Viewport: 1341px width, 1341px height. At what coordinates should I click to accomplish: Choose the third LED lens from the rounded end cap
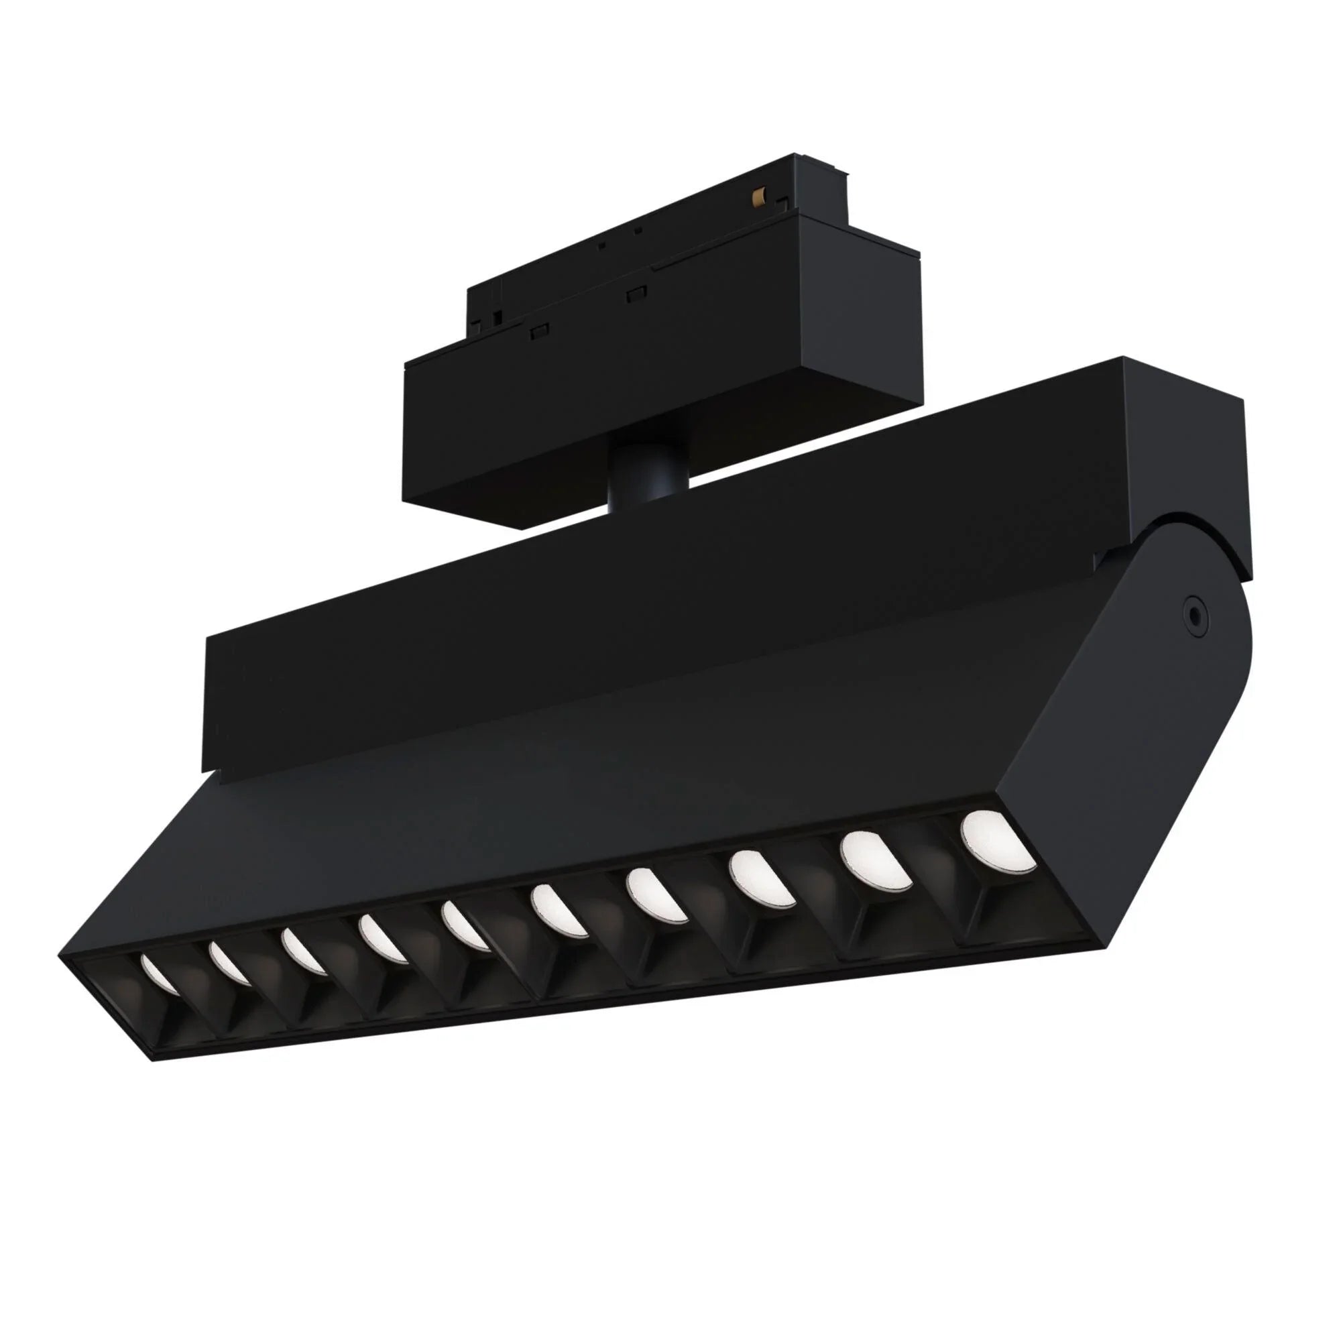[762, 878]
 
